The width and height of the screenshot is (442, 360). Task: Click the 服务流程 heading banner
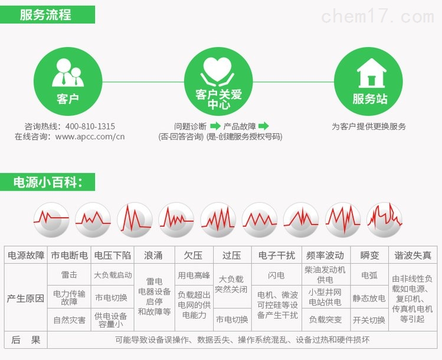[47, 15]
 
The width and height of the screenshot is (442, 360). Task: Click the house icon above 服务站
[371, 73]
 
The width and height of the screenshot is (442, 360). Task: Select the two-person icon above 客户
[68, 73]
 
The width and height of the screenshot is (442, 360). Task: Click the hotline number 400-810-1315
[90, 126]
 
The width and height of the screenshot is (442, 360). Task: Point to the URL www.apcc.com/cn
[90, 137]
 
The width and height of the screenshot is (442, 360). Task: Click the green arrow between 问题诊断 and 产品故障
[215, 126]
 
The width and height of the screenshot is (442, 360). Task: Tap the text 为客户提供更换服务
[369, 126]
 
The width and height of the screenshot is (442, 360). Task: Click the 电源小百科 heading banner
[47, 182]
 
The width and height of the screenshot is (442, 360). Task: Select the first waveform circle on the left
[51, 220]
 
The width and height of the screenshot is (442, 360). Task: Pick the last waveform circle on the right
[385, 220]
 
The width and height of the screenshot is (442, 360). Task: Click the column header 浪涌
[153, 255]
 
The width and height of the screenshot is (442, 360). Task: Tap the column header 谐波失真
[412, 255]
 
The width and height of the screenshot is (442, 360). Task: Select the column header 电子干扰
[277, 255]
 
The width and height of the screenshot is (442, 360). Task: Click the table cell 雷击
[69, 275]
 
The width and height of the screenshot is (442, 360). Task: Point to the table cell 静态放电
[369, 298]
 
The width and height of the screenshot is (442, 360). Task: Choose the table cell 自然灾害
[70, 320]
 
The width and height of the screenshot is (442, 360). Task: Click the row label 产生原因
[25, 298]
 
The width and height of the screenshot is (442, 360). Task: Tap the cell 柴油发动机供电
[325, 275]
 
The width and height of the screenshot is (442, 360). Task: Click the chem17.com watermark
[378, 16]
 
